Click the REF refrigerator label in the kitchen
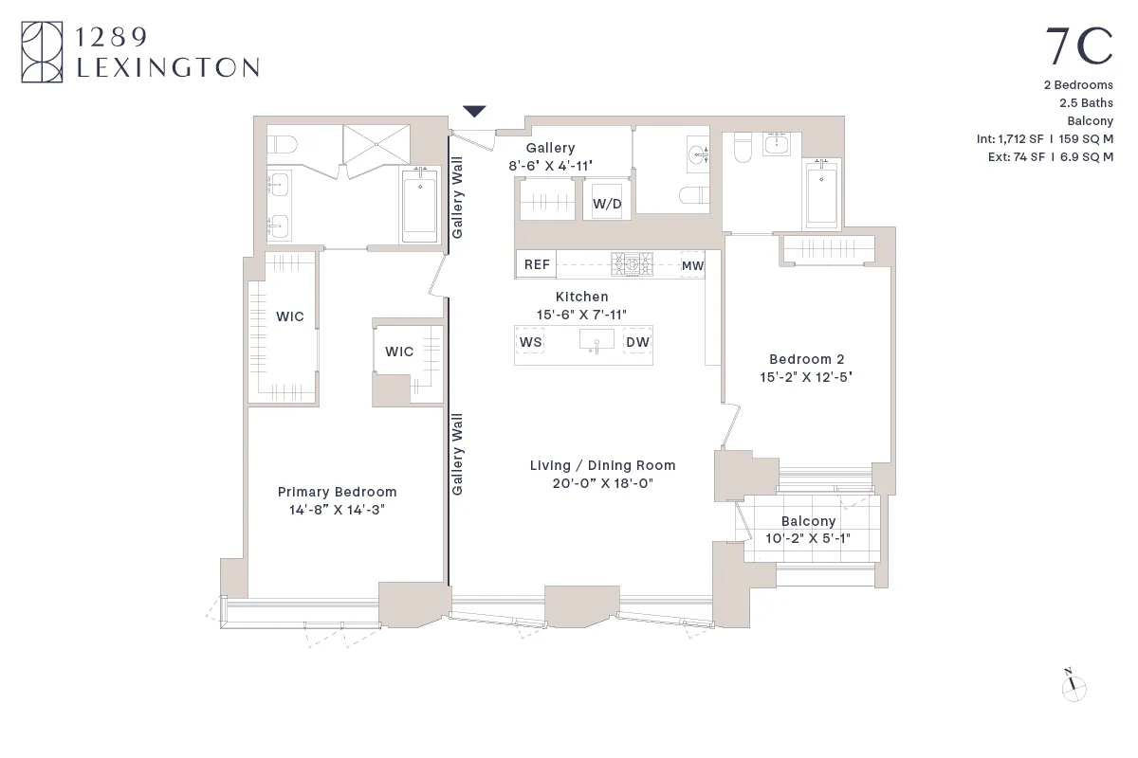point(537,264)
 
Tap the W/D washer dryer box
point(607,203)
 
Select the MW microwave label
point(693,265)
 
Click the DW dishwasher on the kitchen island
point(637,342)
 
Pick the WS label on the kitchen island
point(531,342)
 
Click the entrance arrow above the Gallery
point(474,112)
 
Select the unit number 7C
point(1078,47)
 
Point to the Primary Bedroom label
point(337,492)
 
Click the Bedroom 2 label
point(806,359)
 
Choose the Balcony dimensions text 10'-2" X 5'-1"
point(808,538)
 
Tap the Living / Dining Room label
point(602,465)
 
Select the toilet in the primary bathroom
point(282,145)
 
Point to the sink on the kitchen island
point(597,341)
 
